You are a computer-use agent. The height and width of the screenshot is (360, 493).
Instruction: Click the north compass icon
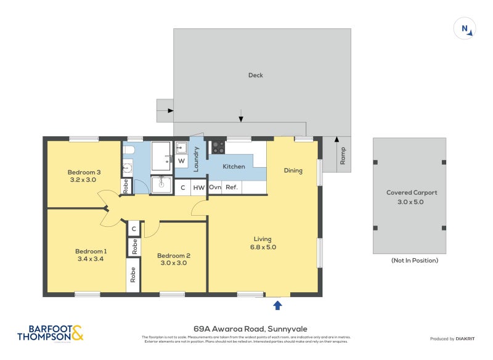[x=463, y=29]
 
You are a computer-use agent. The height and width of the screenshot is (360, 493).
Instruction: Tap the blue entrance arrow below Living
[x=277, y=305]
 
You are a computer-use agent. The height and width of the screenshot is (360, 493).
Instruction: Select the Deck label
[x=255, y=75]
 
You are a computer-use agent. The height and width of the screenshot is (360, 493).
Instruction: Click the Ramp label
[x=343, y=157]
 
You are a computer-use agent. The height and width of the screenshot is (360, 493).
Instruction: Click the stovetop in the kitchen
[x=218, y=147]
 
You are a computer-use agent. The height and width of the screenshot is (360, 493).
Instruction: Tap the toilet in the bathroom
[x=128, y=150]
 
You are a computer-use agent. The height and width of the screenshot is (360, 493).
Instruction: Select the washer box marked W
[x=182, y=161]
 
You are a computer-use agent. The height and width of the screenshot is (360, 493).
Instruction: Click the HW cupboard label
[x=198, y=187]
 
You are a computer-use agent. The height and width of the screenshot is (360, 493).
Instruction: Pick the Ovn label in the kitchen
[x=215, y=187]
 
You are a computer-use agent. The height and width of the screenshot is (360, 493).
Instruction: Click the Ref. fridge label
[x=232, y=187]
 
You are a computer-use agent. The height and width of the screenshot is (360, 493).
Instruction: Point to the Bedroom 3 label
[x=84, y=171]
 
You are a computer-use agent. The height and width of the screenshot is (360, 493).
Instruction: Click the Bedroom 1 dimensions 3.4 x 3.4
[x=91, y=260]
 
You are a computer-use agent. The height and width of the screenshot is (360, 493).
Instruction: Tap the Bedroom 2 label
[x=173, y=256]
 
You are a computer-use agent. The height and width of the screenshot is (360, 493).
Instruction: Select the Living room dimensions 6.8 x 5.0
[x=262, y=247]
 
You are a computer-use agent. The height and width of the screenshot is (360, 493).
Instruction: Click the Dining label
[x=293, y=170]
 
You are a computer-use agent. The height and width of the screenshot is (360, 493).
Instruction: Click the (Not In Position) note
[x=414, y=261]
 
